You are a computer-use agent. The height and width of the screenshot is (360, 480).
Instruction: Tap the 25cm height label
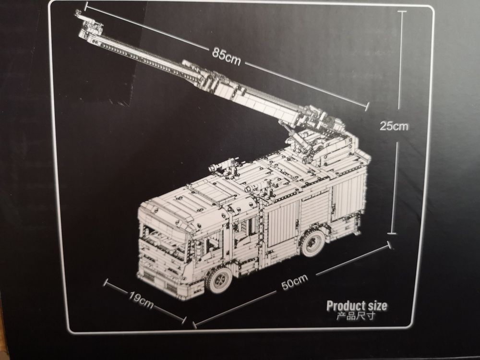pos(394,126)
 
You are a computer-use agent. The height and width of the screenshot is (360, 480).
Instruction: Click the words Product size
pos(356,305)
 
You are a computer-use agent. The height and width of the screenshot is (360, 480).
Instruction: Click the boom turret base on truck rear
pos(319,144)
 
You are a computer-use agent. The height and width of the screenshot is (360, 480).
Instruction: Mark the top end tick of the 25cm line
pos(402,11)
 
